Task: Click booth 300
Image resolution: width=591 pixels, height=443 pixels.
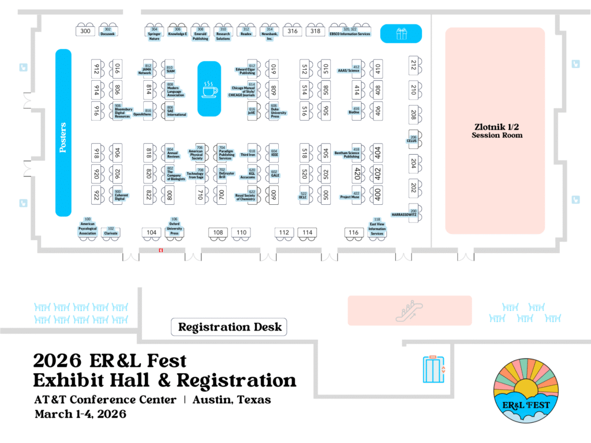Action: [x=85, y=31]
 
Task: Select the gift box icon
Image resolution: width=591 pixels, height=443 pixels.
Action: [x=401, y=33]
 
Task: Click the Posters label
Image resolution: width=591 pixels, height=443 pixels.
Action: [x=63, y=137]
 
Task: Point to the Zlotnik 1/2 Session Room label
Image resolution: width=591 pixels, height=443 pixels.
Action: [x=495, y=130]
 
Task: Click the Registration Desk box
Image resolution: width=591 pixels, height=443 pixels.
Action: [x=230, y=327]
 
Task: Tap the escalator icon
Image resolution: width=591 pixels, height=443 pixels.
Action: [x=409, y=311]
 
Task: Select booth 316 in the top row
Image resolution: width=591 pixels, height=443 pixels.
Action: [x=293, y=31]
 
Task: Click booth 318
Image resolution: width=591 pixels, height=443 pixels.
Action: [x=315, y=31]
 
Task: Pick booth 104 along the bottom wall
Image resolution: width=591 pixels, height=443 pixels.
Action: [x=151, y=232]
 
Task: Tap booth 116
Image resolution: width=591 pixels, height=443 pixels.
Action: [x=354, y=232]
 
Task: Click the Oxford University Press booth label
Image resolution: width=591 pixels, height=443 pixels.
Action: [x=174, y=226]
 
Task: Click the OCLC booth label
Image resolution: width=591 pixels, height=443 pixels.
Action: [x=303, y=196]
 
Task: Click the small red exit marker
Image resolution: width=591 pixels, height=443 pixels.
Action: [x=162, y=250]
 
